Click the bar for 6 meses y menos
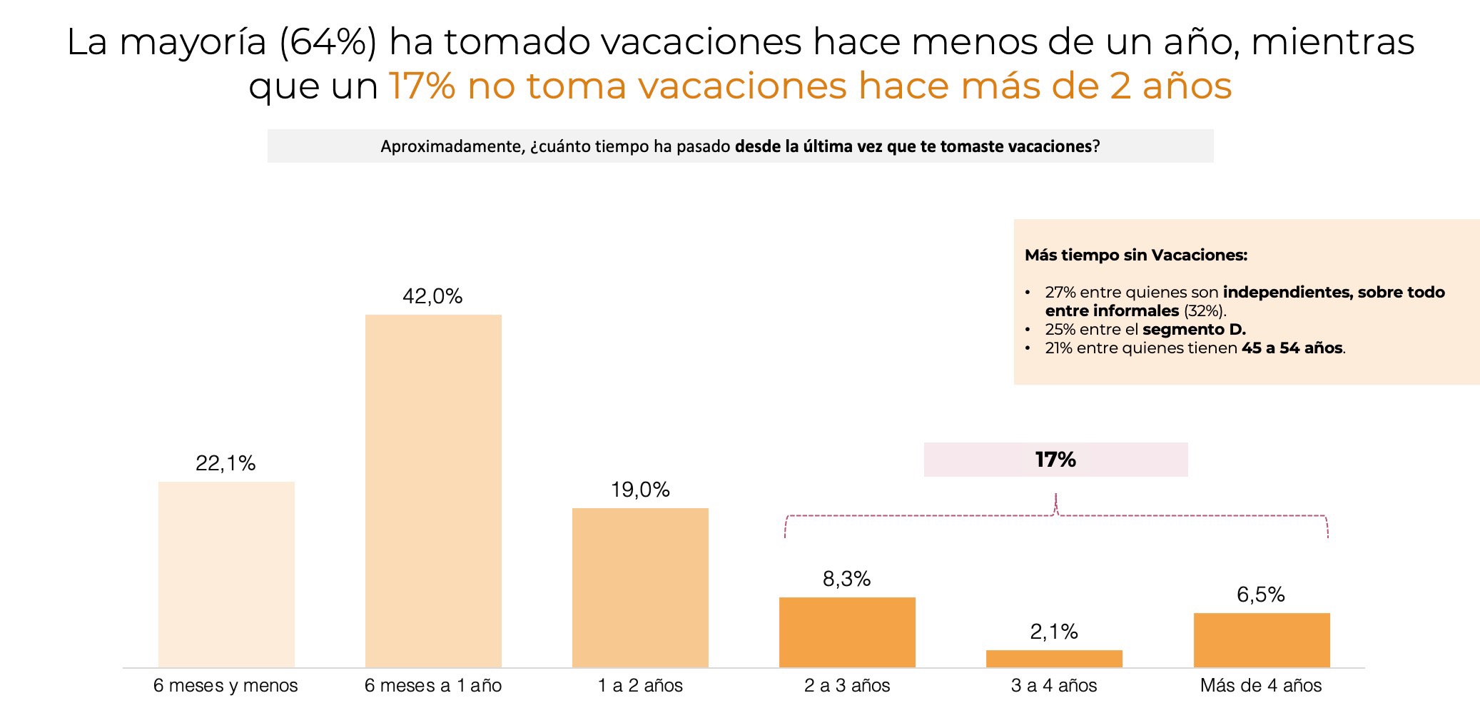pyautogui.click(x=226, y=575)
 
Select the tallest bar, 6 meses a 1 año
pyautogui.click(x=433, y=491)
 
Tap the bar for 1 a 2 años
pyautogui.click(x=640, y=587)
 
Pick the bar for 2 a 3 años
pyautogui.click(x=847, y=632)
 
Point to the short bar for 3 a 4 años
pyautogui.click(x=1054, y=659)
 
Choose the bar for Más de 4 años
pyautogui.click(x=1262, y=640)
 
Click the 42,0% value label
pyautogui.click(x=432, y=296)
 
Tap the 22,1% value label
pyautogui.click(x=225, y=463)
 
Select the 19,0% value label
pyautogui.click(x=640, y=490)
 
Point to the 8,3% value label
pyautogui.click(x=846, y=579)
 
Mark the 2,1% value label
pyautogui.click(x=1053, y=632)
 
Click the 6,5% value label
pyautogui.click(x=1260, y=595)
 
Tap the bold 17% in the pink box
pyautogui.click(x=1055, y=460)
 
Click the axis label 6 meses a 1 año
pyautogui.click(x=433, y=686)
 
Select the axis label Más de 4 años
pyautogui.click(x=1261, y=686)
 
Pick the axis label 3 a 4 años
pyautogui.click(x=1054, y=686)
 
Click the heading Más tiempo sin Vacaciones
pyautogui.click(x=1136, y=255)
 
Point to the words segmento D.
pyautogui.click(x=1194, y=330)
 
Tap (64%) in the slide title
pyautogui.click(x=328, y=41)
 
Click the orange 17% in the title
pyautogui.click(x=422, y=86)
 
